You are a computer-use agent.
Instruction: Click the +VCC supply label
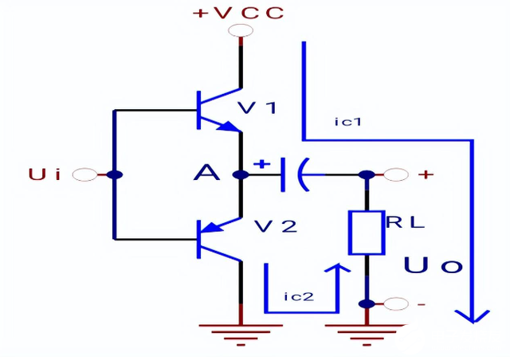click(x=238, y=13)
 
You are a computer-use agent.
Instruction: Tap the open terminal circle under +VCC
click(x=240, y=31)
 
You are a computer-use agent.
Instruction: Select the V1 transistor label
click(x=257, y=108)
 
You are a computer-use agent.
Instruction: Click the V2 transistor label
click(x=275, y=226)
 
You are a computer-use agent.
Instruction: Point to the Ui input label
click(x=45, y=174)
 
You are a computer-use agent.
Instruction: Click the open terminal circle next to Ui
click(x=84, y=174)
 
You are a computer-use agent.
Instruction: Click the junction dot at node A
click(x=241, y=174)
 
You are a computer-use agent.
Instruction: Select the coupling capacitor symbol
click(x=293, y=174)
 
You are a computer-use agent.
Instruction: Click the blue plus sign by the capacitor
click(x=261, y=164)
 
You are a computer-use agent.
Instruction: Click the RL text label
click(x=405, y=223)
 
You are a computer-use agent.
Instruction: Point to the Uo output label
click(x=433, y=266)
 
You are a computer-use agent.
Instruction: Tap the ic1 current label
click(x=349, y=122)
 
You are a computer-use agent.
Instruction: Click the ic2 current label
click(x=299, y=296)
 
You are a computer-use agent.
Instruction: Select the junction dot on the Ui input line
click(x=115, y=174)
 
